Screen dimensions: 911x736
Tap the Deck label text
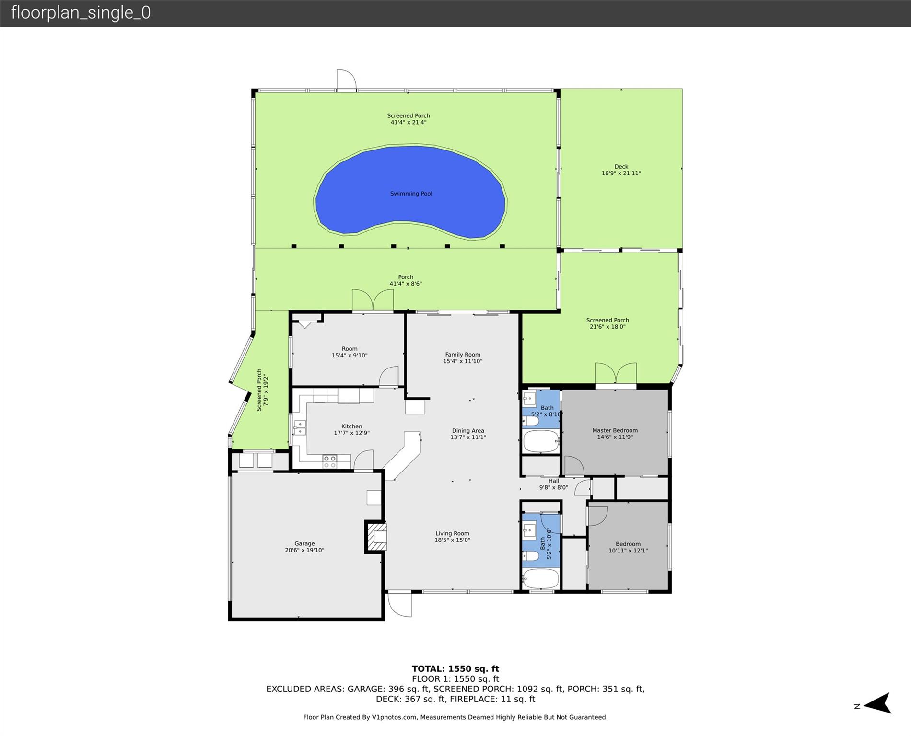click(x=621, y=167)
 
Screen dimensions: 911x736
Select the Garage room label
click(x=304, y=543)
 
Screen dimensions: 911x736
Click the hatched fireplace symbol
click(x=377, y=537)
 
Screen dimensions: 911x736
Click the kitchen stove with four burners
click(x=329, y=461)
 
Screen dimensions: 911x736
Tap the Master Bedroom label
click(x=615, y=430)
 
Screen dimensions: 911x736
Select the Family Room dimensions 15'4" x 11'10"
click(x=463, y=361)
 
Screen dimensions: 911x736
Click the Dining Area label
click(x=468, y=431)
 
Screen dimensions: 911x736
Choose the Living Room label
click(x=452, y=533)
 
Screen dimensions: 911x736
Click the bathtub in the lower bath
click(x=540, y=579)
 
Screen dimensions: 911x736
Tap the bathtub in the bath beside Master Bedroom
click(x=541, y=441)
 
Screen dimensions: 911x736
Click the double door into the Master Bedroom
click(x=616, y=374)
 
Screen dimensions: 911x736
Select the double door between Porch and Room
click(x=373, y=300)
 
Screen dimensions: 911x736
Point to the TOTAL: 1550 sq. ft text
click(x=455, y=669)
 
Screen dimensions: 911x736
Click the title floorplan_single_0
click(x=81, y=12)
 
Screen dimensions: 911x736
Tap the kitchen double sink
click(x=300, y=427)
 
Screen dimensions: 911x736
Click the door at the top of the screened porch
click(x=346, y=80)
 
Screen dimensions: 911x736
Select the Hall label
click(x=554, y=481)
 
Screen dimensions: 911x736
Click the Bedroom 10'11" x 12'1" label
click(x=628, y=547)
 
